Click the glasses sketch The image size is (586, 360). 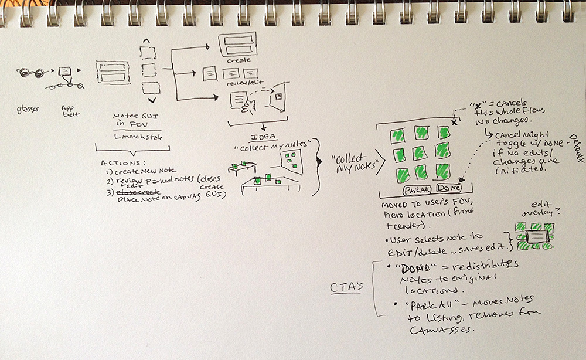click(32, 73)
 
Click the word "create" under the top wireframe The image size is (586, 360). click(239, 60)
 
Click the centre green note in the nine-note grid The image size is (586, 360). click(421, 154)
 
